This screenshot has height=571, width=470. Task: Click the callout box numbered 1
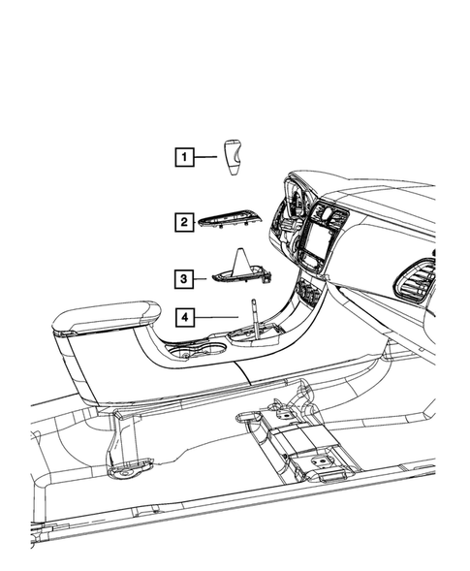coord(181,155)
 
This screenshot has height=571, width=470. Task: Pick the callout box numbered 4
coord(181,316)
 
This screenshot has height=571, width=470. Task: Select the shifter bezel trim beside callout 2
coord(230,222)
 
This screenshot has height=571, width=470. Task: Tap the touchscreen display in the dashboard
coord(317,244)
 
